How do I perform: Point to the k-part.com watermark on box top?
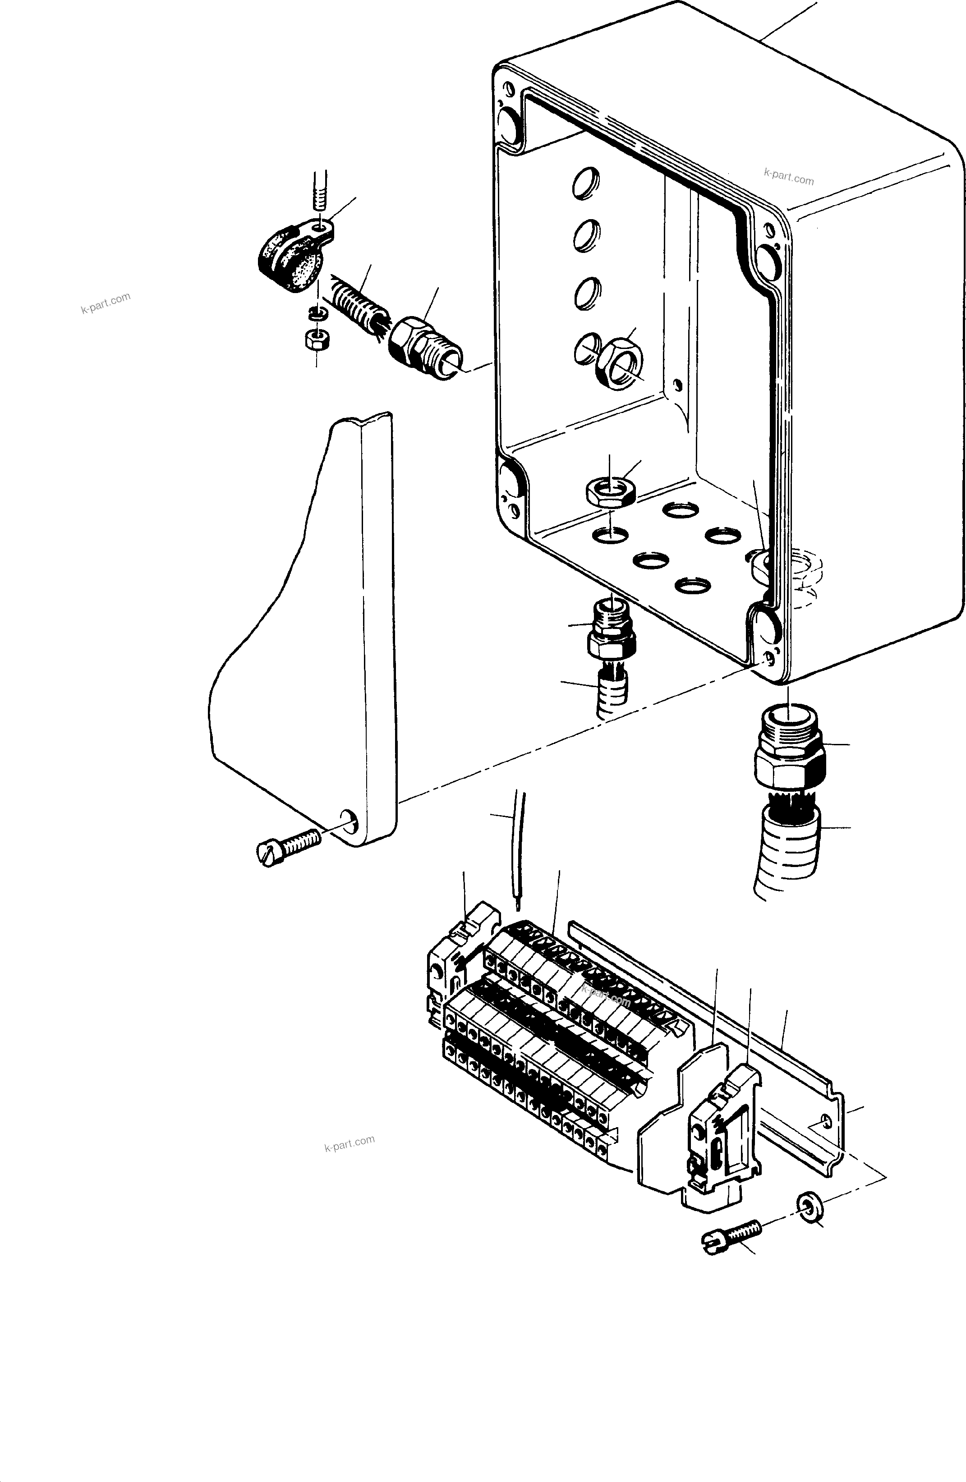788,176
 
